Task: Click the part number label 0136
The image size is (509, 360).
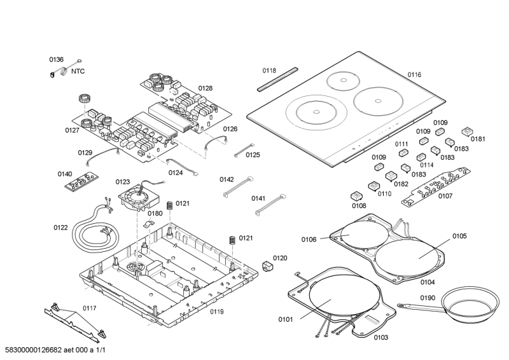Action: click(57, 60)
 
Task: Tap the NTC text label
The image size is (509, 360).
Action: click(78, 73)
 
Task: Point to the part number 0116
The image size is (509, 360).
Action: click(414, 75)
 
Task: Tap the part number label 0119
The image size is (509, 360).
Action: click(217, 311)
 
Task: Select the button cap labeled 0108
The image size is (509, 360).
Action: click(356, 196)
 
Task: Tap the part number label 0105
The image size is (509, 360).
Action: click(459, 236)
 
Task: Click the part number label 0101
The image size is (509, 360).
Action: click(286, 319)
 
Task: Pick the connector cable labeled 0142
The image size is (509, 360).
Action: click(239, 188)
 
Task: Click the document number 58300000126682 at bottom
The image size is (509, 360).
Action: click(38, 350)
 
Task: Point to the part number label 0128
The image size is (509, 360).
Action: click(205, 88)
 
